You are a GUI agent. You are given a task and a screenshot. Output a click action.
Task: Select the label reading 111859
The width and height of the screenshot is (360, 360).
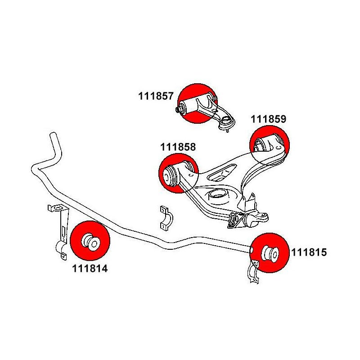[268, 119]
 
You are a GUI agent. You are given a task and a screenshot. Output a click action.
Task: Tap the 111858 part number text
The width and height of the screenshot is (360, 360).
[178, 147]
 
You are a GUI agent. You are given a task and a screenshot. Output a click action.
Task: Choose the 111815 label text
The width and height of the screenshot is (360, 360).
[309, 252]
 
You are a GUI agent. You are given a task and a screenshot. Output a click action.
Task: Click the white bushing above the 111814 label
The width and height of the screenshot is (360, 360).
[91, 241]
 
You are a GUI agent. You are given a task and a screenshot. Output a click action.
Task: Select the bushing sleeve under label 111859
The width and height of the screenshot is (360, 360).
[265, 144]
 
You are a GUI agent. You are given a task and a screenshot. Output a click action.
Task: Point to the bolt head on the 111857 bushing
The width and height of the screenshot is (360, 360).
[178, 109]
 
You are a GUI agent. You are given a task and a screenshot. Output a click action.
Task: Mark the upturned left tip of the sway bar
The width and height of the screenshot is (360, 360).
[53, 139]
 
